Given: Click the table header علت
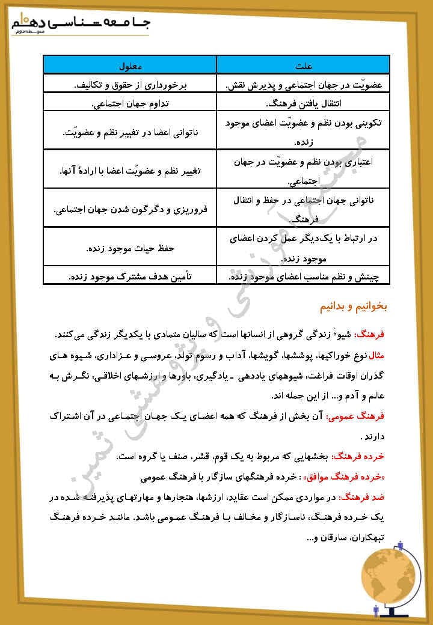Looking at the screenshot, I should [x=304, y=64].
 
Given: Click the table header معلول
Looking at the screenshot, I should [x=130, y=64].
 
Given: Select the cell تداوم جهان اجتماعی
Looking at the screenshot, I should [x=130, y=103].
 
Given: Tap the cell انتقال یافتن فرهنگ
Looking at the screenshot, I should [x=304, y=103].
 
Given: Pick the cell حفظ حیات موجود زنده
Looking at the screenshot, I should [x=130, y=248].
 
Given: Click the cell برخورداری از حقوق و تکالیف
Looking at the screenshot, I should [x=130, y=84].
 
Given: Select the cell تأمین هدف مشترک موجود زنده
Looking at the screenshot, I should [x=130, y=277].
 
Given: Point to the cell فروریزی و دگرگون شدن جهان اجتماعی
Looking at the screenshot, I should [x=130, y=210].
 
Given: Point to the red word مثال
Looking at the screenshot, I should [x=383, y=355].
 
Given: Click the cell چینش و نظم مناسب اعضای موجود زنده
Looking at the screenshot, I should [x=304, y=277].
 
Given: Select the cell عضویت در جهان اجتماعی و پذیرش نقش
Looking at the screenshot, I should [x=304, y=84].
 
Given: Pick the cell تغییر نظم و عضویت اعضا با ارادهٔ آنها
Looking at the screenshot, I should [x=130, y=171].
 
